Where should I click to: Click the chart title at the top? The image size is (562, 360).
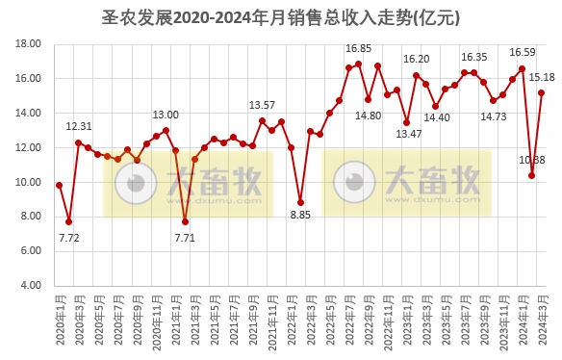(280, 17)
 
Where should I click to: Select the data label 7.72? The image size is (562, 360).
(68, 237)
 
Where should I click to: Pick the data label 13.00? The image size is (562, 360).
(166, 115)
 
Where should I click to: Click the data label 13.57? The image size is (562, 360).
(262, 105)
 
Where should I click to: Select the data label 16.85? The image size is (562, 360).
(358, 48)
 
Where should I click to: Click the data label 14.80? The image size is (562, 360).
(368, 116)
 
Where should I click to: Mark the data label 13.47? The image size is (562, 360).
(410, 134)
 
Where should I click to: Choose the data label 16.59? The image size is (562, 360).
(523, 52)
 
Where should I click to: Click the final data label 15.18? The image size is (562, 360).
(544, 77)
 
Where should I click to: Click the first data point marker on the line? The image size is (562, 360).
(59, 185)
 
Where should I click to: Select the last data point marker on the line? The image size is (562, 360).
(542, 92)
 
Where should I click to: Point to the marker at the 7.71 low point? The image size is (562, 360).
(185, 221)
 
